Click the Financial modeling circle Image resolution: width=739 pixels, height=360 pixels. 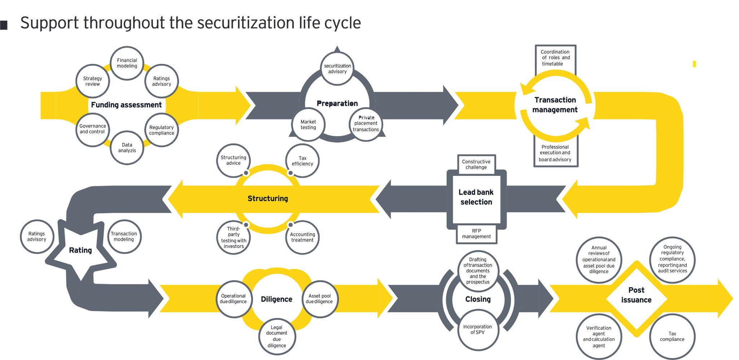(x=127, y=63)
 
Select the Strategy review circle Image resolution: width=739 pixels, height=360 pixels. (x=93, y=81)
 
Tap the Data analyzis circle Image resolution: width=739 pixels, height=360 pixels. (x=127, y=148)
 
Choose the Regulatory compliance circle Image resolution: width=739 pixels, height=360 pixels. (x=161, y=130)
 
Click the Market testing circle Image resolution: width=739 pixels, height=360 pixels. (x=308, y=125)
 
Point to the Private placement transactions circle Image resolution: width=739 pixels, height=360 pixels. (x=366, y=124)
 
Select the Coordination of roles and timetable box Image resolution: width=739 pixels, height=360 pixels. (x=555, y=58)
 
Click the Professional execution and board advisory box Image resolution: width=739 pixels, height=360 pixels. (x=555, y=153)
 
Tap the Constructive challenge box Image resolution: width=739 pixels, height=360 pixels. (x=476, y=164)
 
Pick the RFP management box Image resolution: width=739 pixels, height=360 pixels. (x=476, y=234)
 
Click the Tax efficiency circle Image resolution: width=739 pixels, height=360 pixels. (x=302, y=161)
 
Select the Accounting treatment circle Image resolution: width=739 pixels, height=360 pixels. (x=302, y=237)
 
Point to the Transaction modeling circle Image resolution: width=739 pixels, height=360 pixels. (x=124, y=237)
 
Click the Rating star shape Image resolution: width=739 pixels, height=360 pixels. (x=80, y=250)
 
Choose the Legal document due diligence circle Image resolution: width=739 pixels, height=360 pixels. (x=277, y=337)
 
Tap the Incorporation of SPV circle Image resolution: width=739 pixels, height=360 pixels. (x=477, y=329)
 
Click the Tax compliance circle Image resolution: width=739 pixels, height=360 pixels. (x=672, y=337)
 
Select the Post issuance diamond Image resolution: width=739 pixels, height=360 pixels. (x=636, y=295)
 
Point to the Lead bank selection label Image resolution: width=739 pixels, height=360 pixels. (x=476, y=197)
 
